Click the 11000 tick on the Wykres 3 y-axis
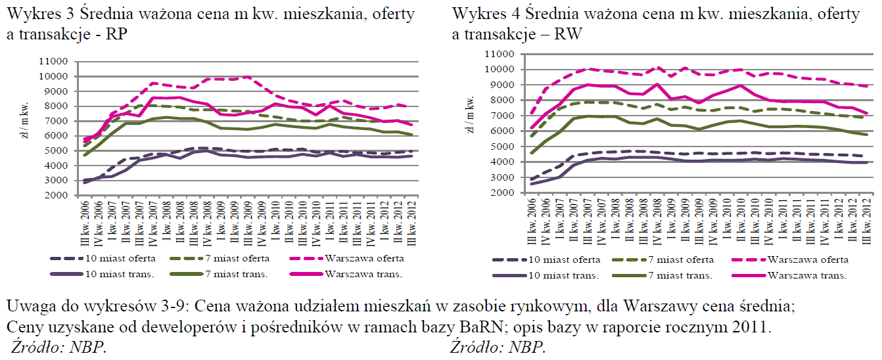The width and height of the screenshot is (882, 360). pos(55,61)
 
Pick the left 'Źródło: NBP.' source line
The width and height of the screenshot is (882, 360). pos(58,346)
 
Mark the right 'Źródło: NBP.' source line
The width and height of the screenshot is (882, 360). pos(498,346)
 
